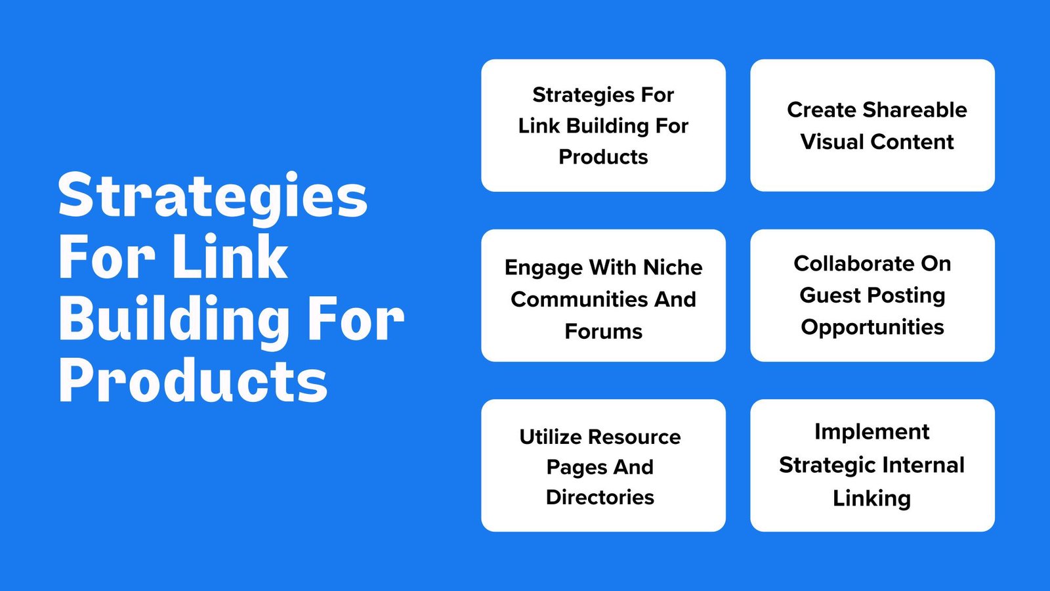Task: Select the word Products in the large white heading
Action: coord(193,380)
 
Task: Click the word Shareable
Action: coord(915,110)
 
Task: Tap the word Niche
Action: coord(673,267)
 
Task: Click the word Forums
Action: coord(603,331)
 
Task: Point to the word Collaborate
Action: coord(847,263)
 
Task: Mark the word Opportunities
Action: coord(872,328)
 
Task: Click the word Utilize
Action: coord(551,437)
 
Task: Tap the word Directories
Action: coord(600,497)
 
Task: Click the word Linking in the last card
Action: coord(872,498)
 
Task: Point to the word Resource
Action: coord(634,437)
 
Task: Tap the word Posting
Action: coord(906,296)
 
